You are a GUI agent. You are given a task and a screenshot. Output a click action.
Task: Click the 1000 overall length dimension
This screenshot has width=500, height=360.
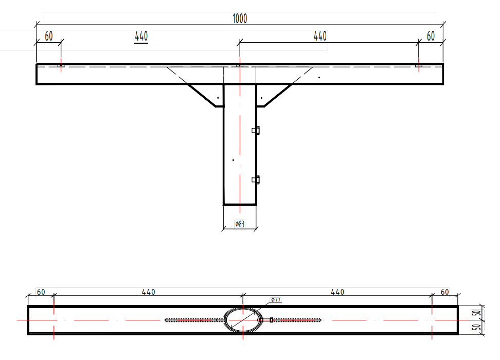[x=240, y=19]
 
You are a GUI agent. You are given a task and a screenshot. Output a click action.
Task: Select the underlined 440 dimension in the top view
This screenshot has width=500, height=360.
[x=141, y=37]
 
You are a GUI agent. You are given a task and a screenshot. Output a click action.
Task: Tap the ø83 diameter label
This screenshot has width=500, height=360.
[x=240, y=224]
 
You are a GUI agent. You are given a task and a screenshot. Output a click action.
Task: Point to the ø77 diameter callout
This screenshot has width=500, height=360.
[x=276, y=300]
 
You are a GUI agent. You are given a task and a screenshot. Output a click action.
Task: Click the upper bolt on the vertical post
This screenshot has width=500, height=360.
[x=256, y=131]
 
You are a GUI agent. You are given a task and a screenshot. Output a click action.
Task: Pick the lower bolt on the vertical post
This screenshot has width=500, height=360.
[x=256, y=180]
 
